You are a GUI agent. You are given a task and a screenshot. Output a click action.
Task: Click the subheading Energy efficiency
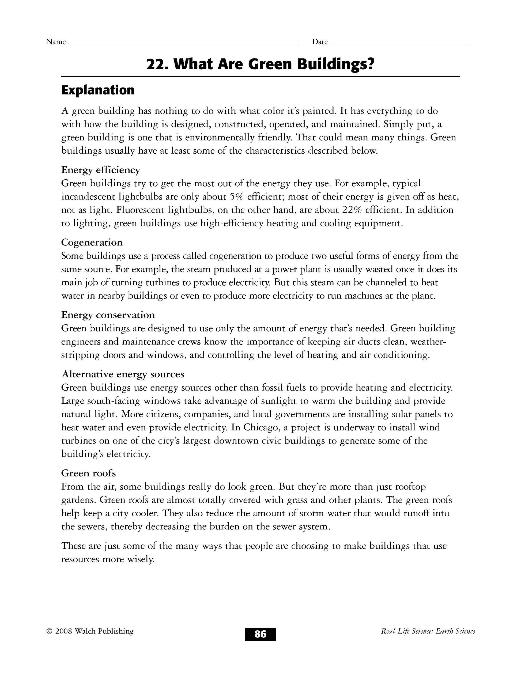(101, 170)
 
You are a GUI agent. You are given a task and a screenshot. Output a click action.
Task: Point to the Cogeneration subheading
(92, 243)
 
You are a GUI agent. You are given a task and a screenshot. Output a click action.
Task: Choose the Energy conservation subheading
(108, 315)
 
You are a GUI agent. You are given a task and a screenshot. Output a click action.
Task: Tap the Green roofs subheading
(89, 473)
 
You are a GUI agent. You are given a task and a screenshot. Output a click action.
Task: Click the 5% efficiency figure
(237, 196)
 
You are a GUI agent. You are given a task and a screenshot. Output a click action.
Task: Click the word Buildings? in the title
(335, 65)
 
